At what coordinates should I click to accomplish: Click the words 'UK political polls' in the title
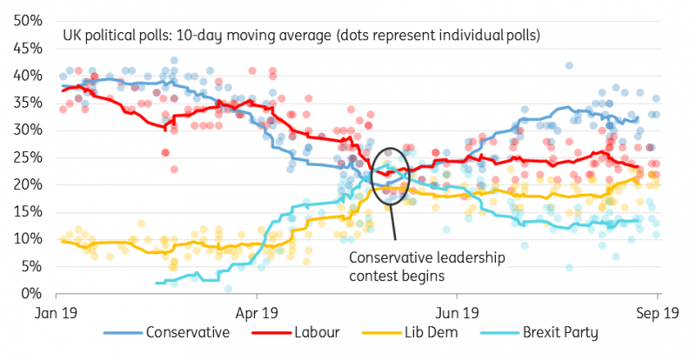coord(110,37)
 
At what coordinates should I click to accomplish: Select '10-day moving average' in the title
coord(244,37)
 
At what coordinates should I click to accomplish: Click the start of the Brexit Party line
coord(156,283)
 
